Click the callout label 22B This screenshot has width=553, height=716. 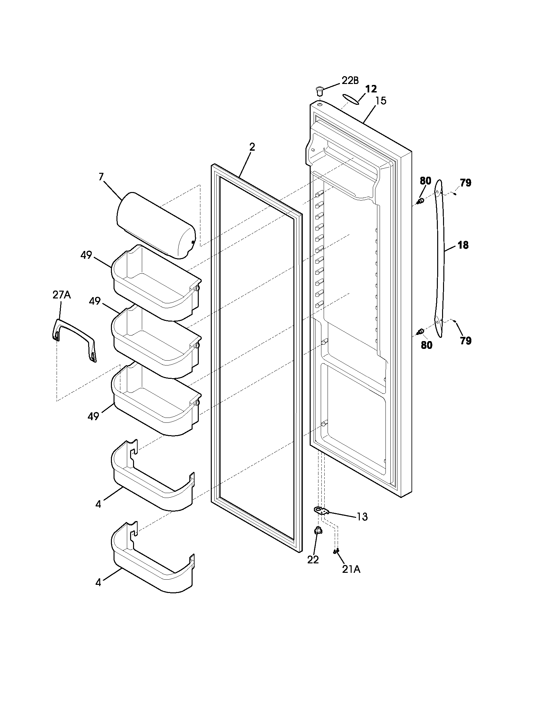point(350,80)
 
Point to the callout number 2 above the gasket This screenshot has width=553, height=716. point(251,147)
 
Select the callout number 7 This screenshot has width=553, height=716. point(101,177)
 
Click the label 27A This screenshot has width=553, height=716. point(61,295)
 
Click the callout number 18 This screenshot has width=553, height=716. point(463,245)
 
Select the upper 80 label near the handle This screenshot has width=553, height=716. point(425,181)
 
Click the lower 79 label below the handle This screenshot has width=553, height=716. point(465,341)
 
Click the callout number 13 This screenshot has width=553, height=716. point(362,517)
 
